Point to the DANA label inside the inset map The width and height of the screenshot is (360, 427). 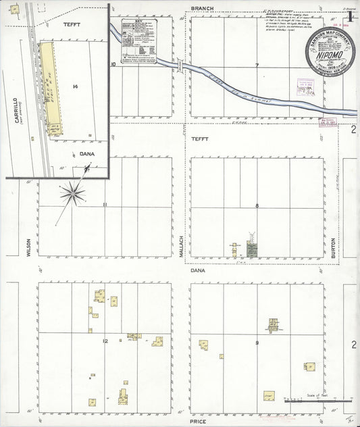pyautogui.click(x=86, y=153)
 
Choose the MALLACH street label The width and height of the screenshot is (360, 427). pyautogui.click(x=181, y=245)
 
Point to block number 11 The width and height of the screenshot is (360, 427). pyautogui.click(x=105, y=205)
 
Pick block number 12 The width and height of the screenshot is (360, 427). pyautogui.click(x=105, y=341)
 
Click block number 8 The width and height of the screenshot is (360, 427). pyautogui.click(x=257, y=205)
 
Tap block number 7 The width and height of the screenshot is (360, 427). pyautogui.click(x=257, y=66)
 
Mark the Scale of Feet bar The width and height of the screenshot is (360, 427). pyautogui.click(x=317, y=401)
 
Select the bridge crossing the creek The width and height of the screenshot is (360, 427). pyautogui.click(x=180, y=66)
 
